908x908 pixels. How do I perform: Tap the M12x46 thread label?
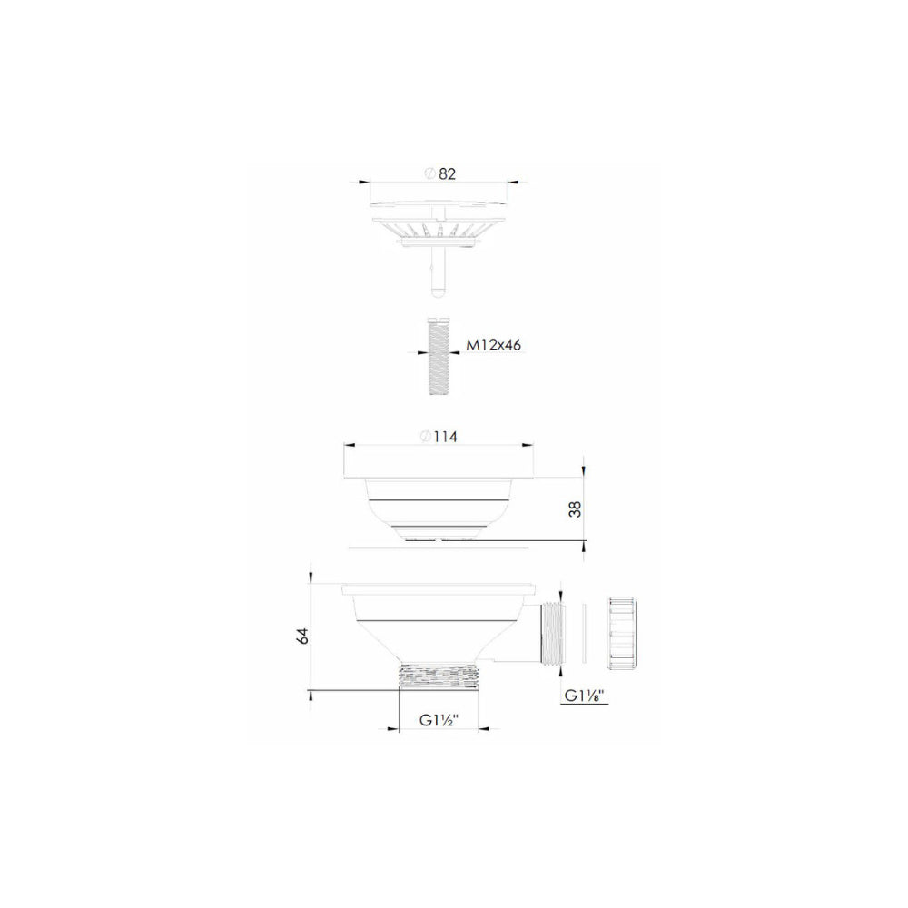494,345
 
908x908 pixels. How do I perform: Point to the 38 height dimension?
575,508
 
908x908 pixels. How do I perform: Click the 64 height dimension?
302,636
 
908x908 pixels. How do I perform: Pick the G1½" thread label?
439,720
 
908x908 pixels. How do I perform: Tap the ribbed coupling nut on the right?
623,634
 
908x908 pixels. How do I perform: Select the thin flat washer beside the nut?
584,633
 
